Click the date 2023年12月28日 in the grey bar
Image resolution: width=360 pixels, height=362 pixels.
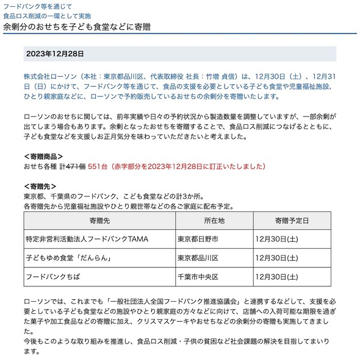[x=54, y=54]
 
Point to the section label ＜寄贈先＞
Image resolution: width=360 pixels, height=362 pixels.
[x=40, y=186]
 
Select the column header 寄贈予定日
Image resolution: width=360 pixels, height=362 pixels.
[x=292, y=220]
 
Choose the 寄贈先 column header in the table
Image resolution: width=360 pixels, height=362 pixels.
[x=98, y=220]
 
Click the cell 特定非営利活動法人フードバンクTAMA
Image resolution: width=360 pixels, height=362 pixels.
[x=87, y=239]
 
